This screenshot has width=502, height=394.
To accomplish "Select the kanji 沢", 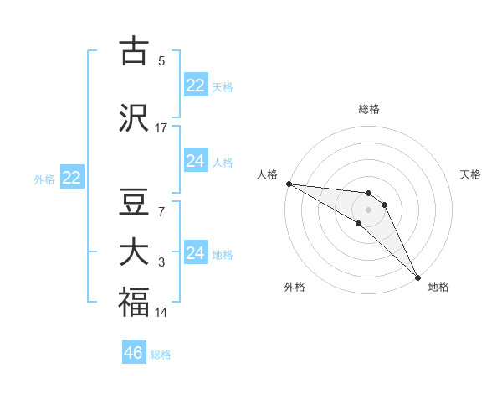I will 134,118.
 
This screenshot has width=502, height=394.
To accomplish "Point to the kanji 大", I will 134,252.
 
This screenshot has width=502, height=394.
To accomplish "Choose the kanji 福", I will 134,301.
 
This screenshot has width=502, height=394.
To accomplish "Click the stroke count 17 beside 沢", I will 161,127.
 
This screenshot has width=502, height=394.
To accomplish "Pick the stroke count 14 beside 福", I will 161,313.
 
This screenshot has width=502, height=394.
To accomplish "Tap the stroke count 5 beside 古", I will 161,60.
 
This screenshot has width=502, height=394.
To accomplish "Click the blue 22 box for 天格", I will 195,86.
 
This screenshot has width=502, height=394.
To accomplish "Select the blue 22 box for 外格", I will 71,178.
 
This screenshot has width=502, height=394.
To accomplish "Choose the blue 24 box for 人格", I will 195,161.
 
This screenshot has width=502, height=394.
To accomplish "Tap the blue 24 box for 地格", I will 195,253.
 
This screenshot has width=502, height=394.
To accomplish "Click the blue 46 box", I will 133,353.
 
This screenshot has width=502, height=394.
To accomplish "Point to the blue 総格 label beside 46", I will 161,355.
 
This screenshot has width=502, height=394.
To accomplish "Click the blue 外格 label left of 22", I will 44,179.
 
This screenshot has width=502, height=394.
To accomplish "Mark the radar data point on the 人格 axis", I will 289,184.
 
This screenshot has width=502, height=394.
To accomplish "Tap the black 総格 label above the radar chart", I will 369,109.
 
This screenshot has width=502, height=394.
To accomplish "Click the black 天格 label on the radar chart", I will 470,174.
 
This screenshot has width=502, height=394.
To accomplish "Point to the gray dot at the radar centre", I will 368,209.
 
